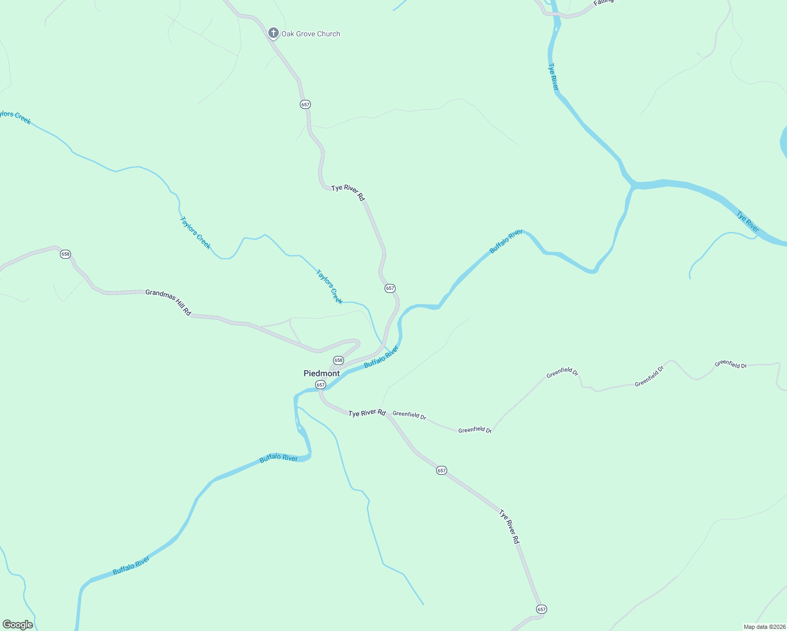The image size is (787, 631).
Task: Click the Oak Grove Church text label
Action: (310, 34)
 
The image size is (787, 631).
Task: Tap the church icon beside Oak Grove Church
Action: (273, 33)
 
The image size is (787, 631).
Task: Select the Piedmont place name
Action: (321, 373)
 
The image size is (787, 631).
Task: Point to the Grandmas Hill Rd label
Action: (168, 302)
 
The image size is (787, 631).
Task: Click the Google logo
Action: (17, 625)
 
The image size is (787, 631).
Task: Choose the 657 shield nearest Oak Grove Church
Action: (305, 105)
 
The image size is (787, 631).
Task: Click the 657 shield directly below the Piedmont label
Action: (321, 385)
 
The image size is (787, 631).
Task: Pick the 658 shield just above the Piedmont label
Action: (338, 361)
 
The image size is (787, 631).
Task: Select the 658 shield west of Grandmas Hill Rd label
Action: (65, 254)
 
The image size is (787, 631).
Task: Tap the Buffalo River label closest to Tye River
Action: (506, 242)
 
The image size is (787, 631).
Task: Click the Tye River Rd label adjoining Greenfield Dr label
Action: (367, 413)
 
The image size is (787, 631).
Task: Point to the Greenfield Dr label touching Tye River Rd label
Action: (409, 415)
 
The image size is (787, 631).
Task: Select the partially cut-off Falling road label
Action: (603, 3)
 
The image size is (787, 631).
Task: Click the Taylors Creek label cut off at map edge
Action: (15, 117)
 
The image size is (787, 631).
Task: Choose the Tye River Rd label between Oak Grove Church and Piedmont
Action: (348, 192)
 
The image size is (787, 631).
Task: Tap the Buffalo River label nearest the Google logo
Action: (131, 566)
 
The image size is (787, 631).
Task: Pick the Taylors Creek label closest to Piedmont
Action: (329, 287)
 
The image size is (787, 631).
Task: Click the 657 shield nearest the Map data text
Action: (541, 609)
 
